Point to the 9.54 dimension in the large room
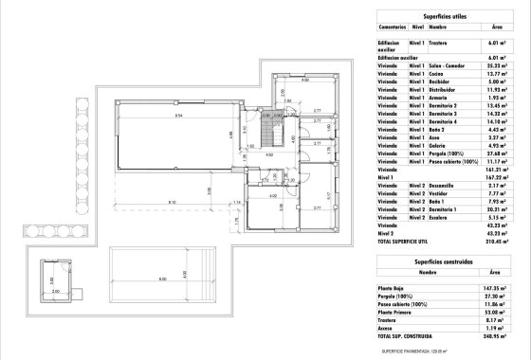177,115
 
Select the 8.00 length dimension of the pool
162,279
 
